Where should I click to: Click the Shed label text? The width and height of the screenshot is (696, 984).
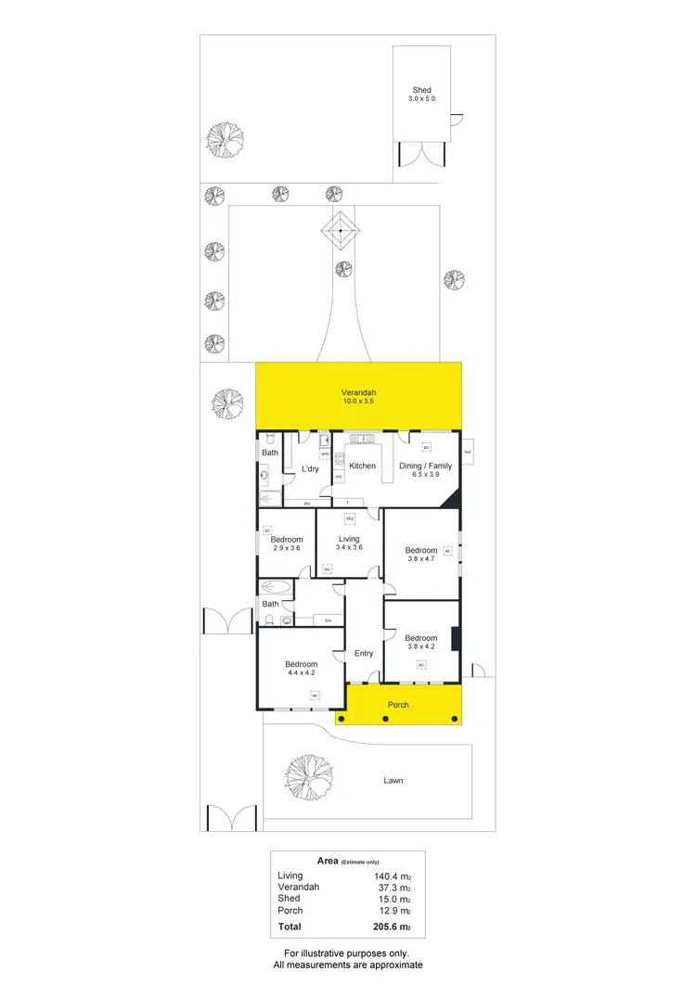422,90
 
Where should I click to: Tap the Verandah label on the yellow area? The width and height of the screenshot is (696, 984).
357,392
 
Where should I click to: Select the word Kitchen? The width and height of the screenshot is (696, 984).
362,466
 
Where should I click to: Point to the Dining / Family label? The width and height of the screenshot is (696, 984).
425,466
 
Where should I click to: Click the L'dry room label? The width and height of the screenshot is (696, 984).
310,469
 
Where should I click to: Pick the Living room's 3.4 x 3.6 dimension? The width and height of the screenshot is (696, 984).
349,547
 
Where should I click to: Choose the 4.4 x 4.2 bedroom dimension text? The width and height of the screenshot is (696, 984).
302,674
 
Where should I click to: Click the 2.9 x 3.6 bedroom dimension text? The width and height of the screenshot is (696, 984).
287,548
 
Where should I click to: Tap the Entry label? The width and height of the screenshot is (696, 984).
364,654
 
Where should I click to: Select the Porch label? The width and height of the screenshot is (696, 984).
397,705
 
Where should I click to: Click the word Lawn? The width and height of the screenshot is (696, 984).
393,781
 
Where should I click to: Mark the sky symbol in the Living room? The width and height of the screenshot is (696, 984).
350,518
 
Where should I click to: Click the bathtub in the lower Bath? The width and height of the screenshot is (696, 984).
276,587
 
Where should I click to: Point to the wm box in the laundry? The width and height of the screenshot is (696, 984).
326,454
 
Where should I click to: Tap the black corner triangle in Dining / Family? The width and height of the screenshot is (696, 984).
452,499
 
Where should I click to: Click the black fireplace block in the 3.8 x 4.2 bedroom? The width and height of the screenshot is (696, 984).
455,641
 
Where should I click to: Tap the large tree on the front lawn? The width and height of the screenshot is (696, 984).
306,773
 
